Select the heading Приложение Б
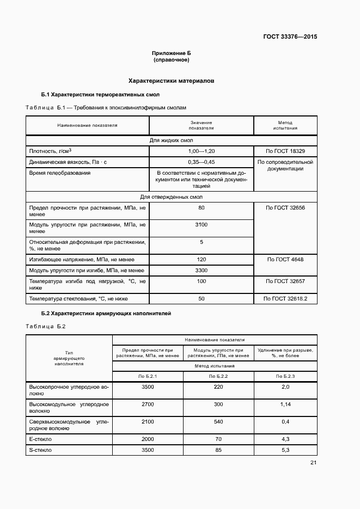[172, 53]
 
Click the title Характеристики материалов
[171, 81]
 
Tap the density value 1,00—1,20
[201, 151]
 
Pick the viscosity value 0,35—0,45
[201, 162]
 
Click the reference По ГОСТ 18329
[285, 151]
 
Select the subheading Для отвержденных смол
[172, 197]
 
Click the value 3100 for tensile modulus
[201, 225]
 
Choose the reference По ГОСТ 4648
[285, 260]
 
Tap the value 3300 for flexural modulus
[201, 271]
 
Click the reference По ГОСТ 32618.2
[285, 299]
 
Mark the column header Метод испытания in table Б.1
[285, 126]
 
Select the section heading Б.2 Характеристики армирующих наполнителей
[106, 314]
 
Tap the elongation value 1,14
[285, 404]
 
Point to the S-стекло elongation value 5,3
[285, 450]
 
